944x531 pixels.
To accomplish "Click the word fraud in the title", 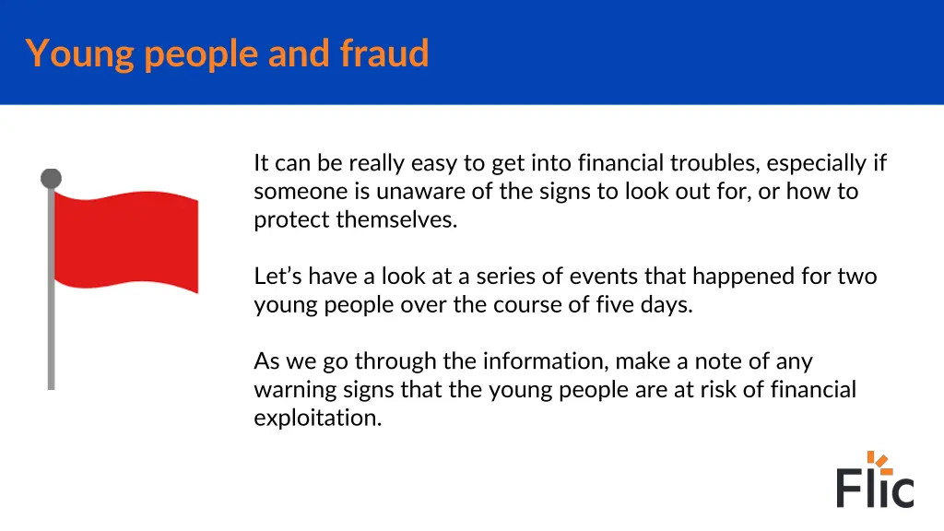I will click(384, 53).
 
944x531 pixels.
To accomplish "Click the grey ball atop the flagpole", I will click(52, 178).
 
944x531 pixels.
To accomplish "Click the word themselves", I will click(396, 220).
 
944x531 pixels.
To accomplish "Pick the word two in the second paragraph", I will click(857, 277).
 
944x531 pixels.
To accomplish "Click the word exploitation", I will click(317, 418).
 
